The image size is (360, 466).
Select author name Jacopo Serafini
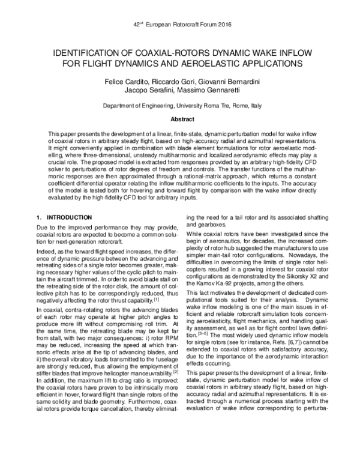coord(146,90)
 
